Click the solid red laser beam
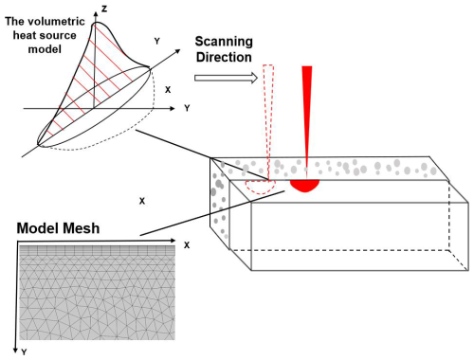point(307,114)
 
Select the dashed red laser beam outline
point(268,114)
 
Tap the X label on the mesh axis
point(187,244)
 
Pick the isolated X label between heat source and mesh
point(142,201)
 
